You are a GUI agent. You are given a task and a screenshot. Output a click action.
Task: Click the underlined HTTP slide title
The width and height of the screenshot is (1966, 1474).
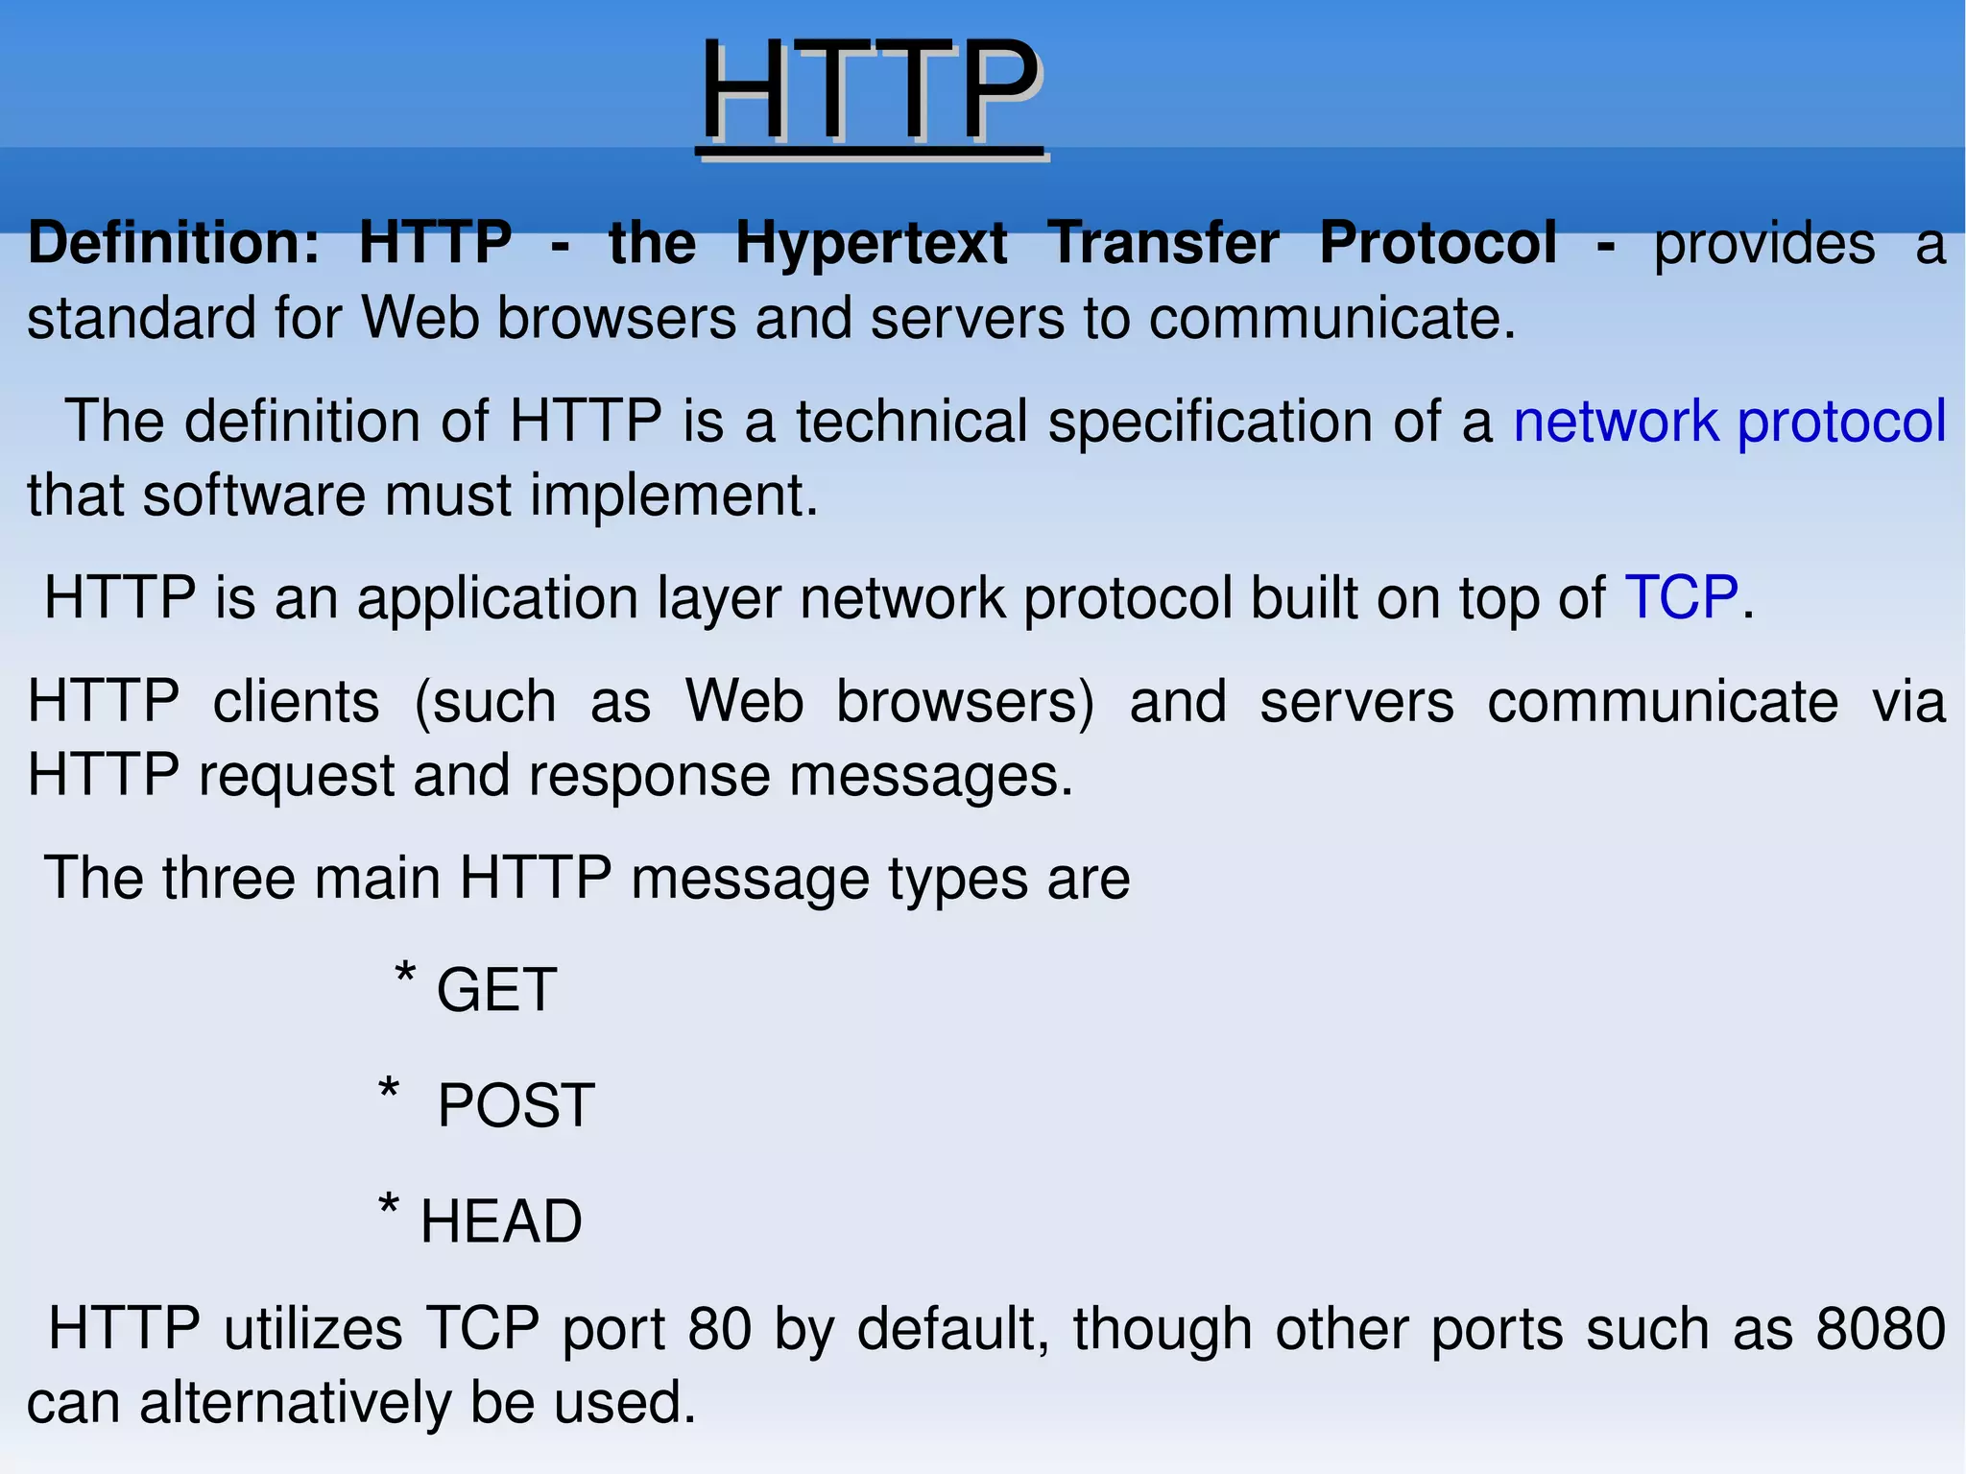870,92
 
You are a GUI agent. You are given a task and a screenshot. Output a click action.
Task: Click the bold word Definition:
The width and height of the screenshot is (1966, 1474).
174,242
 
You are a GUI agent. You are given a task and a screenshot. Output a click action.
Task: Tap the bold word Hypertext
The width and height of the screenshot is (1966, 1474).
871,244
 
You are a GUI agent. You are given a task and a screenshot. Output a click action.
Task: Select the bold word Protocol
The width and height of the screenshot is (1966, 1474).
1437,242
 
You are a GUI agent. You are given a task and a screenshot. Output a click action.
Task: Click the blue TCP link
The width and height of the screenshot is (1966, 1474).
1681,597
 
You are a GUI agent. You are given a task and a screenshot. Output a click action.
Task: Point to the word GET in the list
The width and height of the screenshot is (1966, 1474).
496,990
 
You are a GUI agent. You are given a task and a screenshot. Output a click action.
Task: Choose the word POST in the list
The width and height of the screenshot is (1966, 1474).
515,1105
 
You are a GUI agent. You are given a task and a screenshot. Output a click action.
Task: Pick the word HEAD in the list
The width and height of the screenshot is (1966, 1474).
501,1221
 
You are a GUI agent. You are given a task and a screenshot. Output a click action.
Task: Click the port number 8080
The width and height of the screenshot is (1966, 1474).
1881,1329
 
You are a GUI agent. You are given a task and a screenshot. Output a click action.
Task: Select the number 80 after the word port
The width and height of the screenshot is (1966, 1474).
719,1329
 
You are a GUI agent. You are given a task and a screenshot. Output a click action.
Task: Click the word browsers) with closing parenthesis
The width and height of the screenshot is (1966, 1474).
965,701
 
